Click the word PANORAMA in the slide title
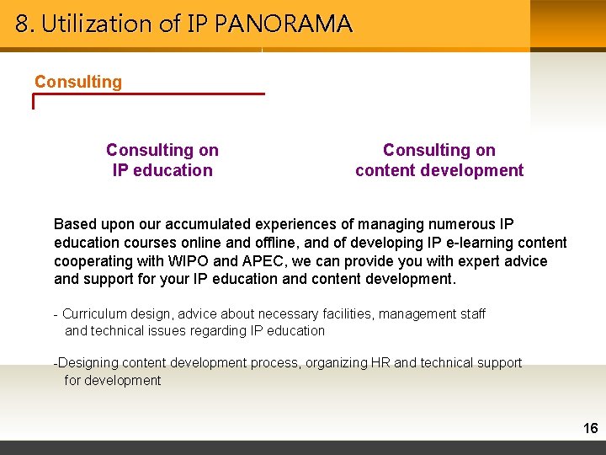(284, 24)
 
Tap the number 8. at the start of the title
(24, 24)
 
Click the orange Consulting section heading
(78, 82)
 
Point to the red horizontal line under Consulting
(148, 94)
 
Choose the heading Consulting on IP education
(162, 160)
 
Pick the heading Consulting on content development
(439, 160)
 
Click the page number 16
(590, 429)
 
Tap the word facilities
(342, 313)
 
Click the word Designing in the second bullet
(88, 363)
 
